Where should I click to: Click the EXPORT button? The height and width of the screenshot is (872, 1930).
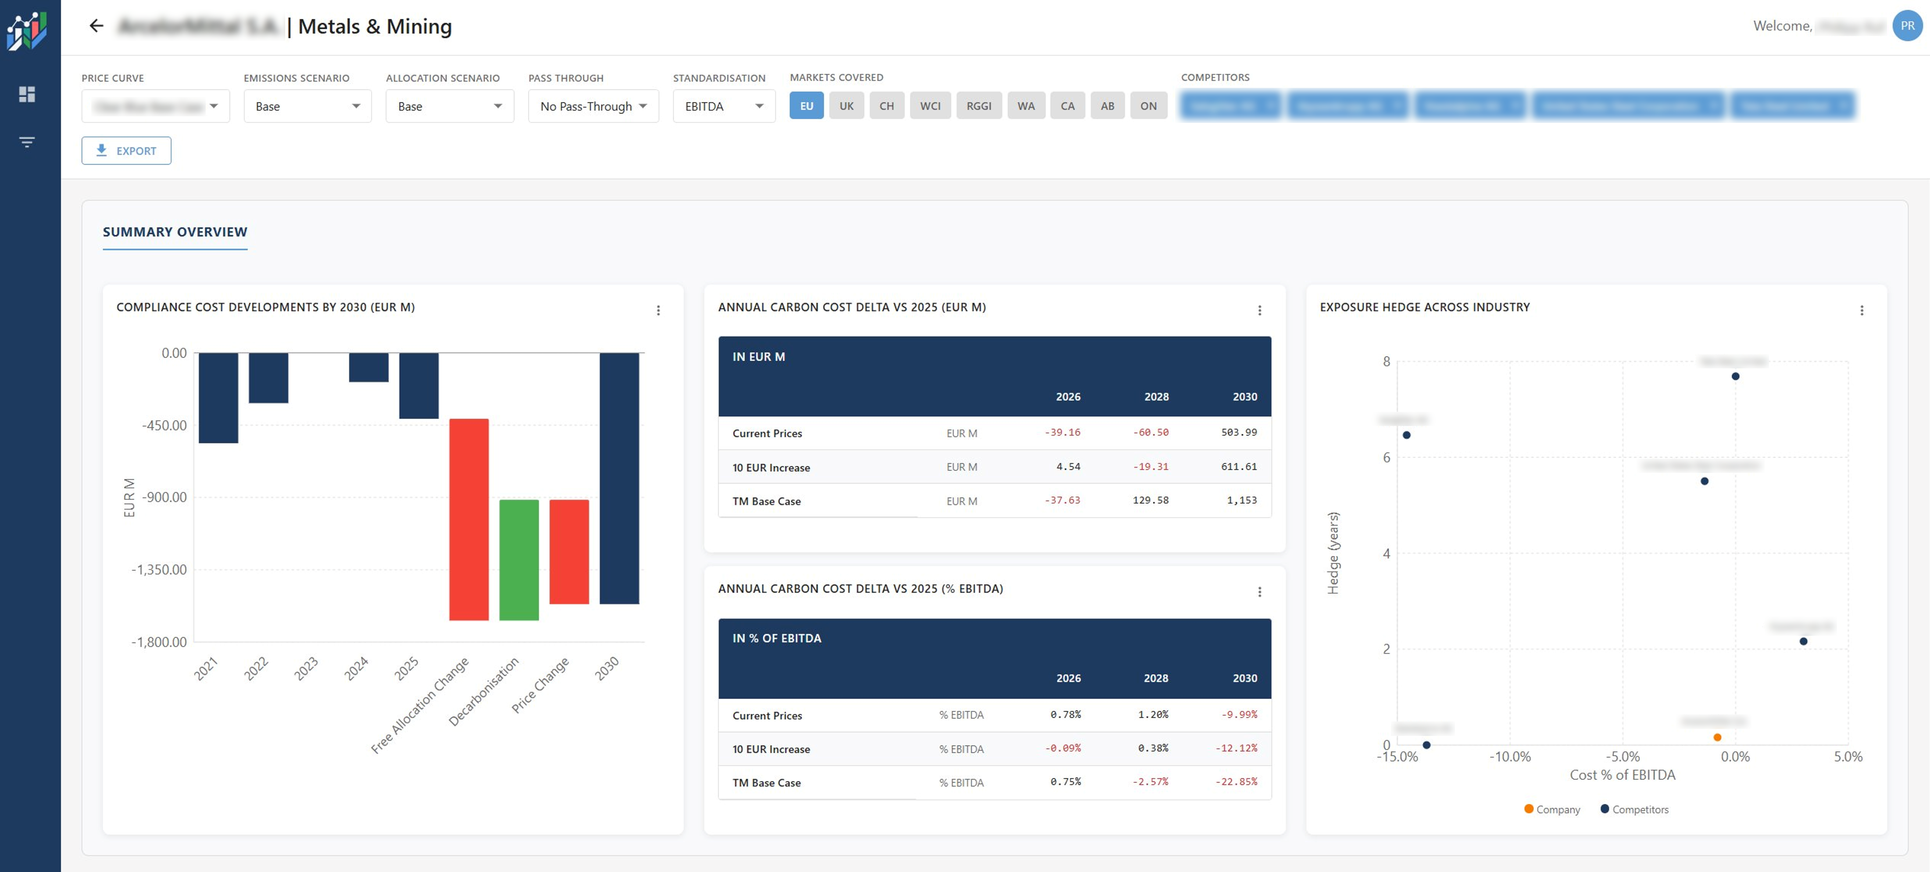126,151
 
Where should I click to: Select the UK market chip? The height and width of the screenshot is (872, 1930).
846,106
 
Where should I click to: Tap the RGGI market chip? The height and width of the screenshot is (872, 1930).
979,106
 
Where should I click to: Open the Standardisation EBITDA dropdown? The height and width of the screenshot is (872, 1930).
723,106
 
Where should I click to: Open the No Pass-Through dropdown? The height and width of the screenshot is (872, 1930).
593,106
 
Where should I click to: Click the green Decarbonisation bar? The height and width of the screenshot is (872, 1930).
518,559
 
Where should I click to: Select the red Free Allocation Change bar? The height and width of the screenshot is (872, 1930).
468,519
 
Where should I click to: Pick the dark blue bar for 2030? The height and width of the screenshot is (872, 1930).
619,478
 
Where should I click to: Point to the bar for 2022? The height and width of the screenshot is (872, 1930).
268,378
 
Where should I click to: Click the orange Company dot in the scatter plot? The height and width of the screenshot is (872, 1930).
1716,738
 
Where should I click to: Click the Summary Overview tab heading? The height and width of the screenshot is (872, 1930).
175,232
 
